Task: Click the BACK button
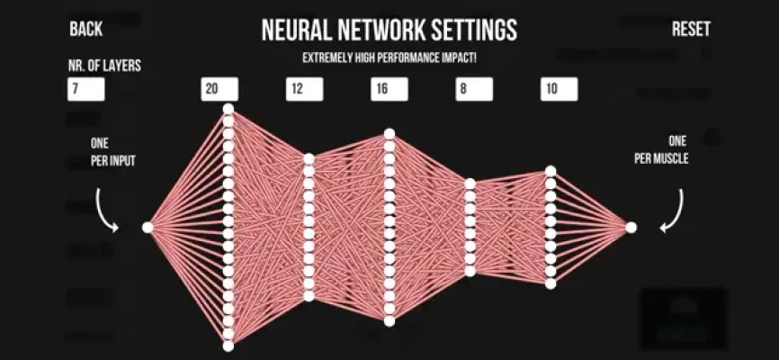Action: (86, 29)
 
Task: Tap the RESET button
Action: (691, 29)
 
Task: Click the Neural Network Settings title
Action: (389, 31)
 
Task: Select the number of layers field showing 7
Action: (86, 89)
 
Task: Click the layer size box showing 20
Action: (219, 89)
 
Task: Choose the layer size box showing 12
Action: (305, 89)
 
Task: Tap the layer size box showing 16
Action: (389, 89)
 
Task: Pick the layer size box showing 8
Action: (474, 89)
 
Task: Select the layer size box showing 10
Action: (560, 89)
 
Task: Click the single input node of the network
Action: (148, 227)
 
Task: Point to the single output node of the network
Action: (631, 227)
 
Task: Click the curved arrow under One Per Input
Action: (106, 211)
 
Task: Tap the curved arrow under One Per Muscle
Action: (672, 211)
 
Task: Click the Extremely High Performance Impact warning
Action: (389, 58)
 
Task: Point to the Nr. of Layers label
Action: (105, 66)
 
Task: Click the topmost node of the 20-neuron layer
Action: (228, 109)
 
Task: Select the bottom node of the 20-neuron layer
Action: (228, 346)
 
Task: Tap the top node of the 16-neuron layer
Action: (389, 134)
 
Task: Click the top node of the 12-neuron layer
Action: (309, 158)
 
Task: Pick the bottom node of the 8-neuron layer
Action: (470, 272)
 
